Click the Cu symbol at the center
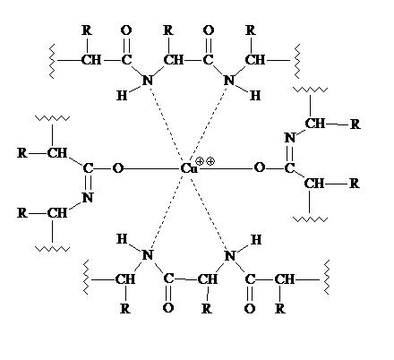(189, 169)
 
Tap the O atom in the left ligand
(117, 168)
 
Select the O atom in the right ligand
(259, 167)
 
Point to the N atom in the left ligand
(88, 197)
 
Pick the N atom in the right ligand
(289, 138)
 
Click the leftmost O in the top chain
(126, 30)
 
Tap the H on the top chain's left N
(122, 96)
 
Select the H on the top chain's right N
(255, 96)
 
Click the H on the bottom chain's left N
(122, 239)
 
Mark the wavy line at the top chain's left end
(52, 61)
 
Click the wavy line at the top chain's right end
(297, 61)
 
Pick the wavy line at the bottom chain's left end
(86, 277)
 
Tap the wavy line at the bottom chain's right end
(326, 277)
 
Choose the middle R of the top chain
(168, 30)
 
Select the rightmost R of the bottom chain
(280, 308)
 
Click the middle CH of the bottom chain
(208, 279)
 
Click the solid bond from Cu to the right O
(226, 168)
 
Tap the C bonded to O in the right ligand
(289, 168)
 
